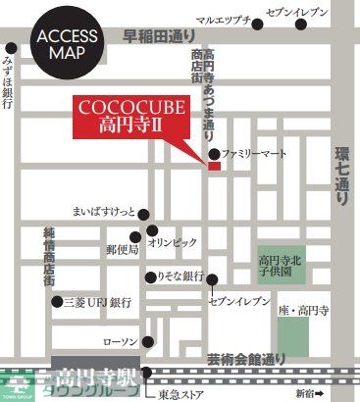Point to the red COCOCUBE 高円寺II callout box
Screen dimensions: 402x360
tap(121, 115)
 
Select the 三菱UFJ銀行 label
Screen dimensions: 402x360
tap(98, 303)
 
